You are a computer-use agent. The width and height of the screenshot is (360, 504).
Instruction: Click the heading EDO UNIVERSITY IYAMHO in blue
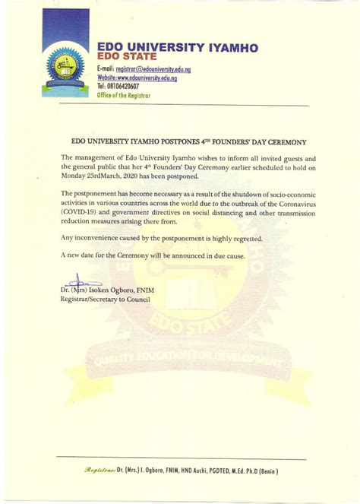178,47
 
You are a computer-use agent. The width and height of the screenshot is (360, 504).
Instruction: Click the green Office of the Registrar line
125,96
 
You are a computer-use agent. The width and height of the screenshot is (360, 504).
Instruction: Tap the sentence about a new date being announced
153,256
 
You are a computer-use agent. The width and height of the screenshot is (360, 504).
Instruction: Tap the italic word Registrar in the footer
99,471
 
